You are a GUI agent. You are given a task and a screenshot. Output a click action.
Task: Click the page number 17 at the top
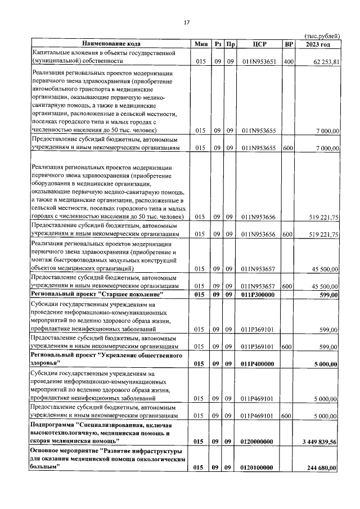(186, 22)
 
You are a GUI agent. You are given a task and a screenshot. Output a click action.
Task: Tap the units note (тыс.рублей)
(321, 35)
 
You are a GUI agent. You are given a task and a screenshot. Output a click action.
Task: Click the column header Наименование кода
(111, 43)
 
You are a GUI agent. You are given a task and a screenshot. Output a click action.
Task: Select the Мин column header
(200, 43)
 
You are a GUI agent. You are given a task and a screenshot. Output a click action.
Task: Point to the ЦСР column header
(259, 43)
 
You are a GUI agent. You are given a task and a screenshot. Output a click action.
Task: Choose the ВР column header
(289, 43)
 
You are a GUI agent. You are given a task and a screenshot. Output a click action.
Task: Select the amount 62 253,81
(322, 62)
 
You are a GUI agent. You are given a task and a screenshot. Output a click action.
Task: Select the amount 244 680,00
(320, 468)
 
